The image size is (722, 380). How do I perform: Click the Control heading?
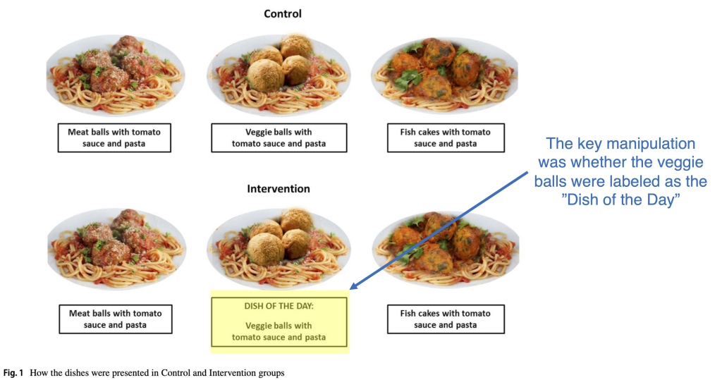click(282, 13)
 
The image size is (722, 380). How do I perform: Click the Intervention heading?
click(279, 189)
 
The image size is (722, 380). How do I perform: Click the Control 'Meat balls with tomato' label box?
click(115, 138)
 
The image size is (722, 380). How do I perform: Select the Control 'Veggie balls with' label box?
click(279, 138)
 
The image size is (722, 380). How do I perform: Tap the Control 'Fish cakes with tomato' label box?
click(446, 138)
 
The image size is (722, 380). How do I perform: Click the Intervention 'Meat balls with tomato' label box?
click(115, 319)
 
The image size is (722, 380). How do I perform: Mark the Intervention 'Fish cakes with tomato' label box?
click(446, 319)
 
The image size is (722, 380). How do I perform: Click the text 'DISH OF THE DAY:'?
click(279, 307)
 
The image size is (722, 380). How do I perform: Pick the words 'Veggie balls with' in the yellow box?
click(279, 326)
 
